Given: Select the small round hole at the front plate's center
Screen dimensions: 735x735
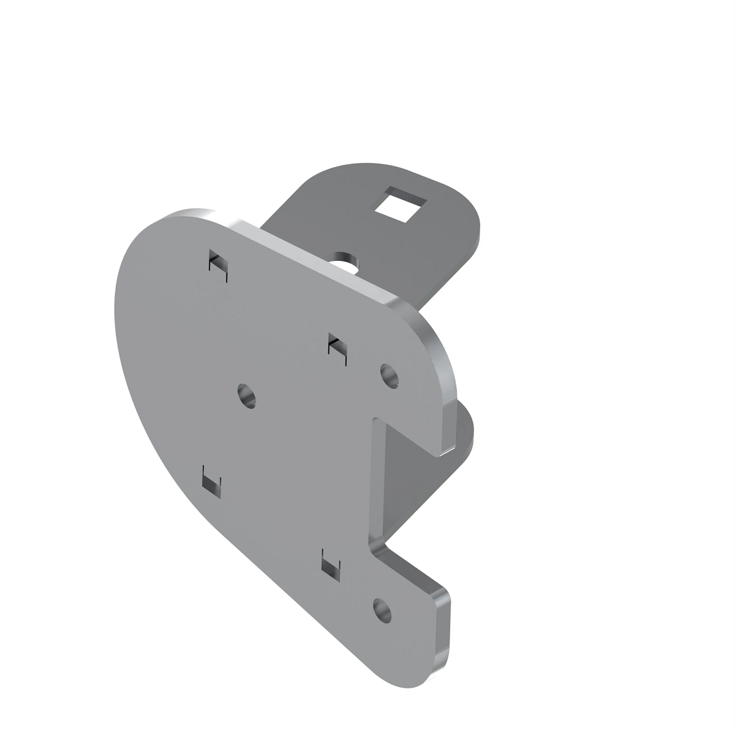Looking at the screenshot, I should tap(247, 396).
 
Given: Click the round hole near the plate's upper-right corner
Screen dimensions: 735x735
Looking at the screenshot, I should tap(390, 375).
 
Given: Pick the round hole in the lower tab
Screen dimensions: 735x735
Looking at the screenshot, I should tap(382, 609).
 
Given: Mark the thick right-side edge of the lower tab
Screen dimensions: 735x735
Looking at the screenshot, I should tap(445, 631).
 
